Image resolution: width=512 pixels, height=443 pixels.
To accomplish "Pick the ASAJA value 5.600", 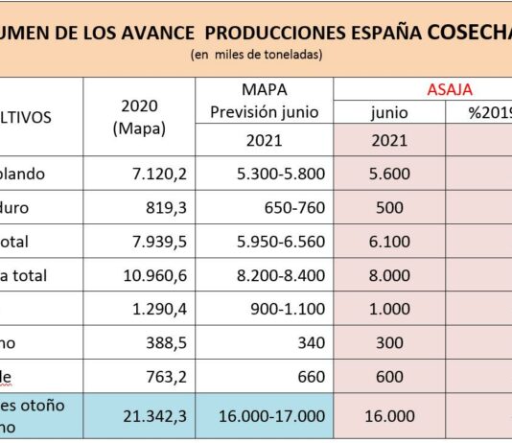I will [x=389, y=175].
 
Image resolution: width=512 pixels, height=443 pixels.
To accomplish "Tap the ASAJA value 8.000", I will [x=389, y=275].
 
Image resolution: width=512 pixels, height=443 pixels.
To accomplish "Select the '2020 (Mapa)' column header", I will [x=140, y=116].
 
